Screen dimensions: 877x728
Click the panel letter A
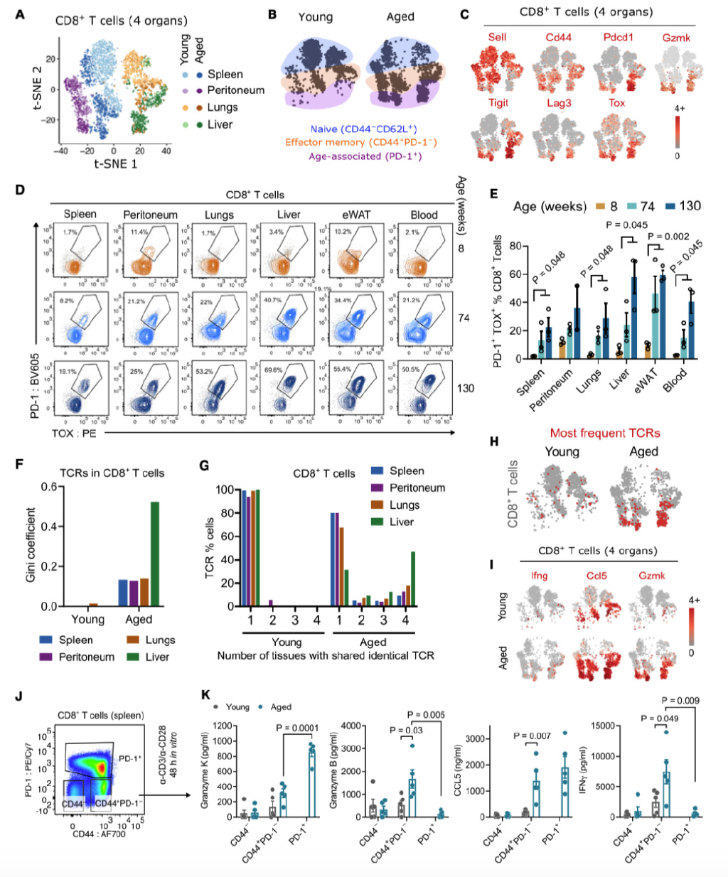(20, 14)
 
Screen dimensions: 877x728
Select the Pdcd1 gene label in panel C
(618, 37)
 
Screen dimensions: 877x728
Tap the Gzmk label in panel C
(675, 37)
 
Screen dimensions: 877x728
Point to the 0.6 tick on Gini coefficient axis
(48, 487)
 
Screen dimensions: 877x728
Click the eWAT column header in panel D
(356, 215)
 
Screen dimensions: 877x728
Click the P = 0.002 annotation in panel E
(668, 237)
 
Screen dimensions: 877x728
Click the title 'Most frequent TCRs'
(605, 433)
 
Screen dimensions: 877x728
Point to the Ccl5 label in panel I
(596, 576)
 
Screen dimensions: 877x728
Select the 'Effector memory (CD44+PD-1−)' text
(361, 142)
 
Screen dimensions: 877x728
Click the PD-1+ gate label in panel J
(129, 758)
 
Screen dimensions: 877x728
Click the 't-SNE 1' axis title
(116, 164)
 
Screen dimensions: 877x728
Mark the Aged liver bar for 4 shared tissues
(413, 579)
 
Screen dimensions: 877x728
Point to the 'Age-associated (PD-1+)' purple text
(365, 156)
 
